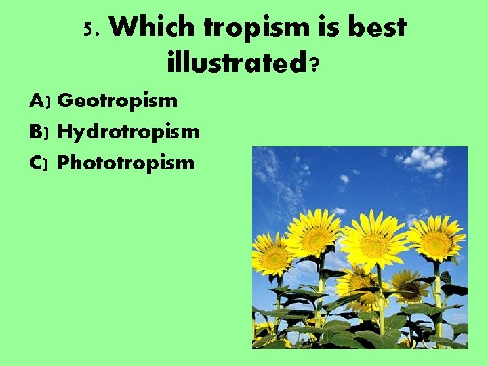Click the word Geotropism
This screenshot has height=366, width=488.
[118, 101]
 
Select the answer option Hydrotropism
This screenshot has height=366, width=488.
[129, 131]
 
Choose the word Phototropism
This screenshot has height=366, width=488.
[126, 163]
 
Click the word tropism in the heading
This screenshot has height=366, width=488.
[256, 28]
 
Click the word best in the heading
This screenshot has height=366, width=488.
[375, 28]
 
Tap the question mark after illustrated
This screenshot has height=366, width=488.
[314, 64]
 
